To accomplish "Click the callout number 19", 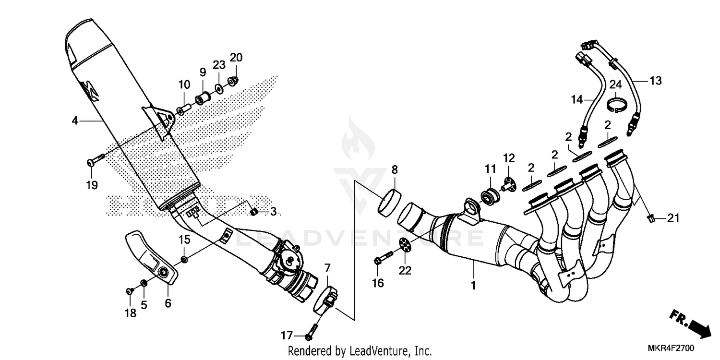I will click(x=92, y=185).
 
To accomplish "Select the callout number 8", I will click(x=395, y=169).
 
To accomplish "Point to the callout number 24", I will click(x=615, y=85).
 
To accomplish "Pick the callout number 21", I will click(x=673, y=218).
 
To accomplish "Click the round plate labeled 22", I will click(x=406, y=245).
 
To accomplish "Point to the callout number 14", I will click(x=576, y=100).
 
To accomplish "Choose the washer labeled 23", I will click(x=219, y=88).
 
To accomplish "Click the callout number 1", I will click(x=473, y=285).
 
